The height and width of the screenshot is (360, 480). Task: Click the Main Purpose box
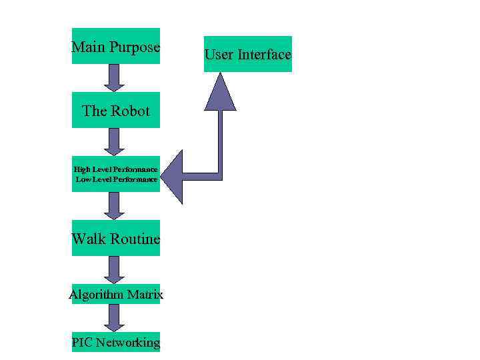coord(116,46)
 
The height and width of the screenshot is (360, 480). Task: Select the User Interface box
coord(247,54)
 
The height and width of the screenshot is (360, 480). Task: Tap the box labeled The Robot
coord(116,111)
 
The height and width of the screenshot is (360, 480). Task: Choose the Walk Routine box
coord(116,238)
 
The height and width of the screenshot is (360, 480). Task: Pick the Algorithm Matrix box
coord(116,294)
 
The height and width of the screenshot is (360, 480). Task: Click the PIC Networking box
coord(116,343)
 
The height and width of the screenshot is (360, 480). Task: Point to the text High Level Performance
coord(116,169)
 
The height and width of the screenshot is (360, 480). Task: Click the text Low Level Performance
coord(116,179)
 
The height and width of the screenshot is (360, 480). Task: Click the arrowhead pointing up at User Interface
coord(220,93)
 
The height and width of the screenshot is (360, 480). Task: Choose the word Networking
coord(127,343)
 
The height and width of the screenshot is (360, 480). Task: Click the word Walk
coord(87,238)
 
